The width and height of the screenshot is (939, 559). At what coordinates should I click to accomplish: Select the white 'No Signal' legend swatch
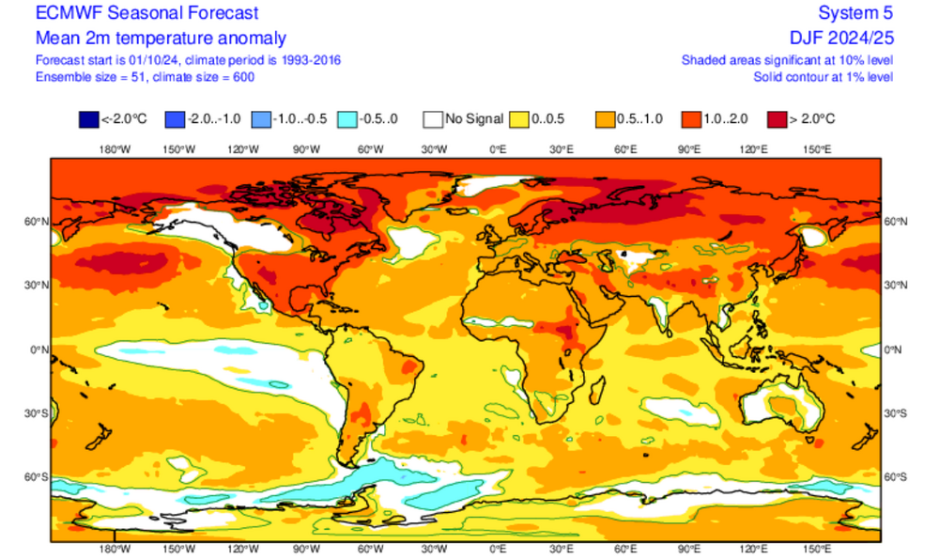tap(432, 119)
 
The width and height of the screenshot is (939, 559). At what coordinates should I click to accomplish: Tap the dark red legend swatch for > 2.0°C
tap(778, 119)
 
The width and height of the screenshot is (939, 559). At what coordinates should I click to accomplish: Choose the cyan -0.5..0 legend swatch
tap(346, 119)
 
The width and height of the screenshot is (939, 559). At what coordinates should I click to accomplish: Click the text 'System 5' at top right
tap(855, 13)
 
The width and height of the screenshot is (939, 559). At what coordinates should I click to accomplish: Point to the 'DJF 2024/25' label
tap(841, 38)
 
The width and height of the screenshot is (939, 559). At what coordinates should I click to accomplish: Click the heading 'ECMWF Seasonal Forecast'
tap(146, 13)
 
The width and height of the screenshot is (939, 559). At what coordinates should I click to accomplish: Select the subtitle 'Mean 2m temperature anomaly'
tap(161, 38)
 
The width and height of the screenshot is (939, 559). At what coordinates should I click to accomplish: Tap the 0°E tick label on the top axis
tap(498, 149)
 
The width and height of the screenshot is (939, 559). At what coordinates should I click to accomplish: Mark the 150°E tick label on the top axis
tap(817, 149)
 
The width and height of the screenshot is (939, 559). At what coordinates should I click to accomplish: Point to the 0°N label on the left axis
tap(38, 349)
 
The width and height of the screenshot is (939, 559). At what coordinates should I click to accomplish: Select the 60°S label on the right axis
tap(897, 477)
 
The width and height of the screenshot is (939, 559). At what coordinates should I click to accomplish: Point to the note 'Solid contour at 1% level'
tap(824, 75)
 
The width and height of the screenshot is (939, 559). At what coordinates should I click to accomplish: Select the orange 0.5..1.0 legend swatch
tap(606, 119)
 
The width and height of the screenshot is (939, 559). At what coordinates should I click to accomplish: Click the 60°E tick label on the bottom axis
tap(625, 550)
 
